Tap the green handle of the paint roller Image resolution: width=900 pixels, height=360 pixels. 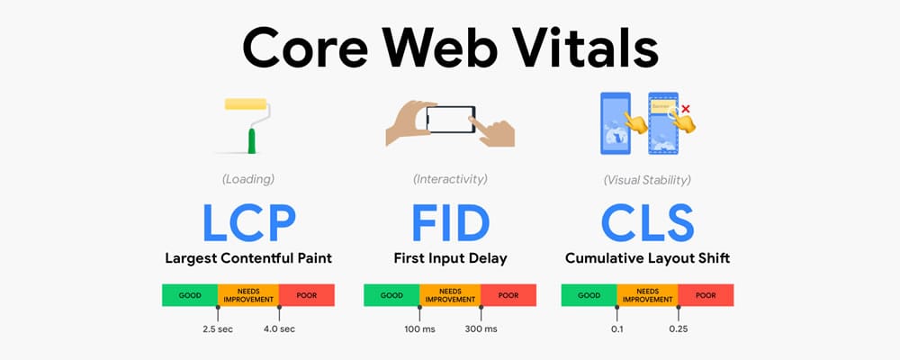[251, 140]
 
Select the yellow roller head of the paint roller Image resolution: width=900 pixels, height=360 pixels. [246, 103]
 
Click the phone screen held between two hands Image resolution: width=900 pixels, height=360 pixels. [451, 120]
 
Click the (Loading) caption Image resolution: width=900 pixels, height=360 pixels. [248, 180]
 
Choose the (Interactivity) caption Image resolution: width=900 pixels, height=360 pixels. [450, 180]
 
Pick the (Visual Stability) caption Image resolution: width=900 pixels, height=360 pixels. [647, 180]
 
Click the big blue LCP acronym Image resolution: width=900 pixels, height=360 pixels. [248, 223]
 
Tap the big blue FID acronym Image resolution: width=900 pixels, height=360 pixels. [451, 223]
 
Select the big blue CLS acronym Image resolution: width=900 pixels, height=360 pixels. [647, 223]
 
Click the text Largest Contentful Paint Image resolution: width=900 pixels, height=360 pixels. [248, 258]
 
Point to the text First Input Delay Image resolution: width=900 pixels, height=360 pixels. [451, 258]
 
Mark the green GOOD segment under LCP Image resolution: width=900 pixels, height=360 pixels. [190, 295]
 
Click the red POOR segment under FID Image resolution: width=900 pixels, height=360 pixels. [508, 295]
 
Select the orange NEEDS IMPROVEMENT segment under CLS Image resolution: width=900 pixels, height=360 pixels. [647, 295]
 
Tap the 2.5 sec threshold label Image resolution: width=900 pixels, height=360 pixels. [218, 329]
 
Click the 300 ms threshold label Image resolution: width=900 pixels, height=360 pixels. [481, 329]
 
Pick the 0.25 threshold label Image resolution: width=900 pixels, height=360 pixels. [679, 329]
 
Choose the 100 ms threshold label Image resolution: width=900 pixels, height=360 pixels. [419, 329]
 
